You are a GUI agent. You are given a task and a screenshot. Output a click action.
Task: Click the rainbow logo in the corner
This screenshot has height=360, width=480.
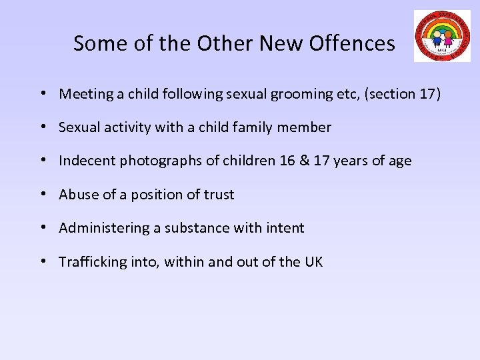(441, 36)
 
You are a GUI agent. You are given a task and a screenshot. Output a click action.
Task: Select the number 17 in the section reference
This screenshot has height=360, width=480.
(427, 94)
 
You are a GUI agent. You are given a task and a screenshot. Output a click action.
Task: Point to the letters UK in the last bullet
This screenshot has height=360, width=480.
(313, 262)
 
